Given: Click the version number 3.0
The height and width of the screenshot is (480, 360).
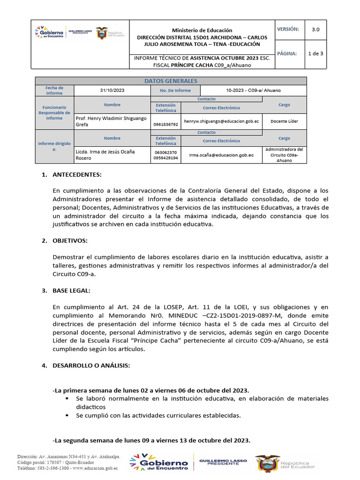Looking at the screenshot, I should [315, 29].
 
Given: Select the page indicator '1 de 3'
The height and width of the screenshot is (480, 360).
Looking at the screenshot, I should [315, 53].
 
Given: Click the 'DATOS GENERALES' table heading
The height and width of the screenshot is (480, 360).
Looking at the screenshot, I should [171, 81].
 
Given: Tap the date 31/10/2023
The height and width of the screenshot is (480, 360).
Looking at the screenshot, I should [112, 90].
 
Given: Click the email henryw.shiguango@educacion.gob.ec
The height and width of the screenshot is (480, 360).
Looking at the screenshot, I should [221, 121].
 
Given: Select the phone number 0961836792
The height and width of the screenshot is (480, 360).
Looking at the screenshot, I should [165, 125].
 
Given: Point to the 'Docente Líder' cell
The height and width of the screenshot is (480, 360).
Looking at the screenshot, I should [284, 121].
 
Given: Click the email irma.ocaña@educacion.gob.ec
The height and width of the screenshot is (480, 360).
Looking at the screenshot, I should [221, 155].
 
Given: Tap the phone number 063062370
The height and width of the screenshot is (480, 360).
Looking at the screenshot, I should [165, 152].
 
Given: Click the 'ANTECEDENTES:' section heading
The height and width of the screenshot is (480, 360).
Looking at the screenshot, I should [77, 175].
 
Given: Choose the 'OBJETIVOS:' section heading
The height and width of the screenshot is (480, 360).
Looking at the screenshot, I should [70, 240].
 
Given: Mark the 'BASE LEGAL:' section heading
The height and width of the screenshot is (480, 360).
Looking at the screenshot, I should [71, 291].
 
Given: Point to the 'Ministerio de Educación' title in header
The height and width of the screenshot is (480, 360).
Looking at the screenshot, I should [202, 30].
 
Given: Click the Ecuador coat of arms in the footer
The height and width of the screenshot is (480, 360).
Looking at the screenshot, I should [267, 463].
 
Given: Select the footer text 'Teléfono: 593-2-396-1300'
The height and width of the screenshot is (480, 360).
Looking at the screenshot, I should [43, 468].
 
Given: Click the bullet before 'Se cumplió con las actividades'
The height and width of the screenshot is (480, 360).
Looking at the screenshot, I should [67, 415].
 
